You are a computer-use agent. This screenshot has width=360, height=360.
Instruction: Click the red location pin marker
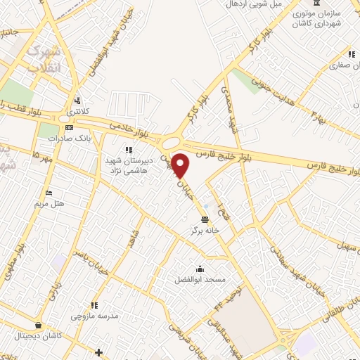[x=181, y=165]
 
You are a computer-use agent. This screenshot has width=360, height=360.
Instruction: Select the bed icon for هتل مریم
[x=49, y=193]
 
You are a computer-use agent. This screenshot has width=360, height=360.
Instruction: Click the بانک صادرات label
[x=70, y=139]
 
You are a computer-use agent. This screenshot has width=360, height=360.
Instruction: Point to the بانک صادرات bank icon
[x=69, y=128]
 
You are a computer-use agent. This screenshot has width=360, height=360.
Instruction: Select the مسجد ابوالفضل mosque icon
[x=200, y=269]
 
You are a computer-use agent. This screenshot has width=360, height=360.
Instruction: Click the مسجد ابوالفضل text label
[x=200, y=280]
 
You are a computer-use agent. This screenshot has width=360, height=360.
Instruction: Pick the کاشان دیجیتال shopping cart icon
[x=37, y=326]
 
